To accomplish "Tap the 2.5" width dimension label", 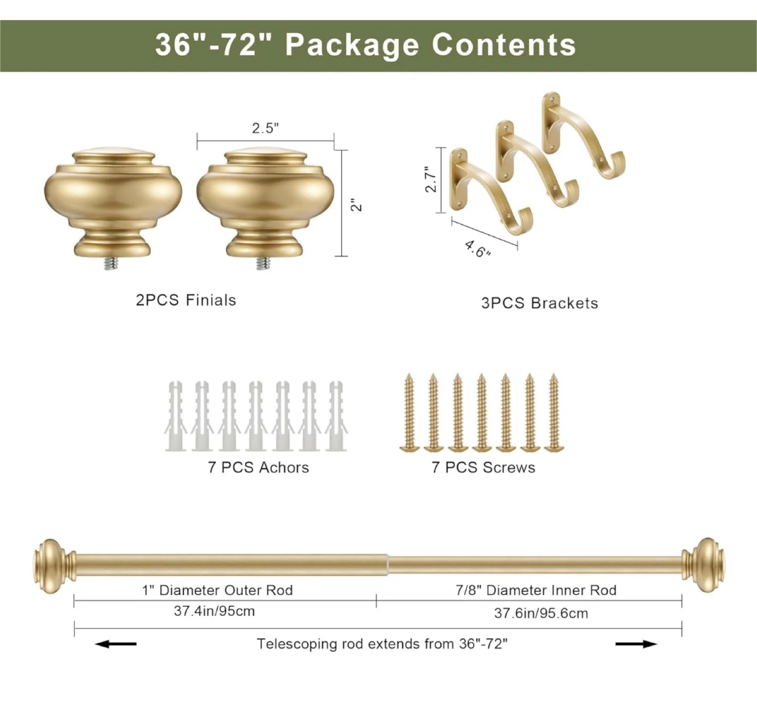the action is (x=265, y=128).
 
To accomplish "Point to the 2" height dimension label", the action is (x=356, y=204).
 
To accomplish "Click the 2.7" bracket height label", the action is (x=431, y=179).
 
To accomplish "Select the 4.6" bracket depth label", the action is (x=478, y=249).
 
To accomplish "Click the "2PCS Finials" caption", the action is (x=186, y=300).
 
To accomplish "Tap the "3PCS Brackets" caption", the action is (x=539, y=303).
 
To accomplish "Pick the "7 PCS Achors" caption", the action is (x=258, y=467).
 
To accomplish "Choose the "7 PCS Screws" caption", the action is (x=483, y=467).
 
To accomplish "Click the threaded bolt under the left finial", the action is (x=111, y=263).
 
